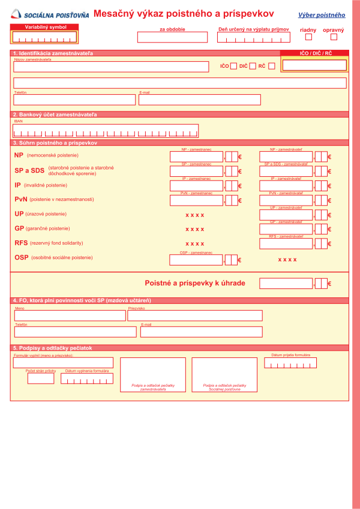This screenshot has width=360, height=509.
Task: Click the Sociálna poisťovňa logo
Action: (x=49, y=13)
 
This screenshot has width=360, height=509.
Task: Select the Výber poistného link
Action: (x=322, y=14)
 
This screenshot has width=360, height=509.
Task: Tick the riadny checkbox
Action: (x=308, y=37)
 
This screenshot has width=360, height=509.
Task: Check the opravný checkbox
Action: (x=334, y=37)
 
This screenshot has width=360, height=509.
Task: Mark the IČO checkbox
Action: (x=233, y=66)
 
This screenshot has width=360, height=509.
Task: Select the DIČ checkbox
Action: (x=253, y=66)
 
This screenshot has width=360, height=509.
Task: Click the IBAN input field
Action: (x=106, y=131)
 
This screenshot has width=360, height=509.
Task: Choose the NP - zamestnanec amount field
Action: (x=196, y=156)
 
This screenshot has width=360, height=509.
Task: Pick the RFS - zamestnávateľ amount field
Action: (x=286, y=243)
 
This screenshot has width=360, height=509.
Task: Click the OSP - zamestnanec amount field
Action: (x=196, y=260)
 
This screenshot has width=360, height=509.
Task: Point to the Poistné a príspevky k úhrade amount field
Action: (x=286, y=283)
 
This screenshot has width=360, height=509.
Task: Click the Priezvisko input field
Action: (x=195, y=315)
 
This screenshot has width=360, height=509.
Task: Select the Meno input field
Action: (x=70, y=315)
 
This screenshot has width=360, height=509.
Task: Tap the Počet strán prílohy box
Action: (x=41, y=378)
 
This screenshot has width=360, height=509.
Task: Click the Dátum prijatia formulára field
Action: (x=290, y=363)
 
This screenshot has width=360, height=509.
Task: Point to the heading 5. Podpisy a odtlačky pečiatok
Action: (x=53, y=348)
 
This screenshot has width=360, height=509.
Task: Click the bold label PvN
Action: (x=21, y=200)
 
